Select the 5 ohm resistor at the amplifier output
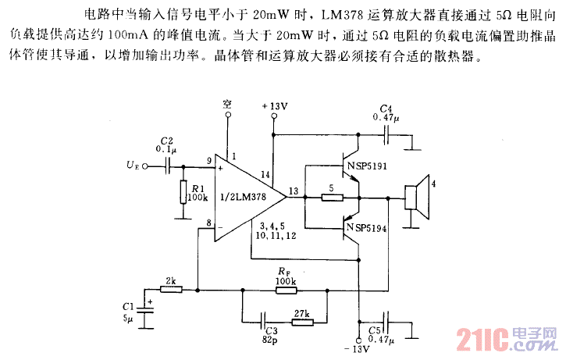pos(332,198)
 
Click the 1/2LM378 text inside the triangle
pos(243,198)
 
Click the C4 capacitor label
pos(386,109)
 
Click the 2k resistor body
pos(170,290)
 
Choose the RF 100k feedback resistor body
pos(285,290)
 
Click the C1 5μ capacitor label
pos(128,312)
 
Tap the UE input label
pos(133,165)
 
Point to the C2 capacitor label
pos(166,143)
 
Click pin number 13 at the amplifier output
pos(293,190)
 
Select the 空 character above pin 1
pos(227,104)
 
